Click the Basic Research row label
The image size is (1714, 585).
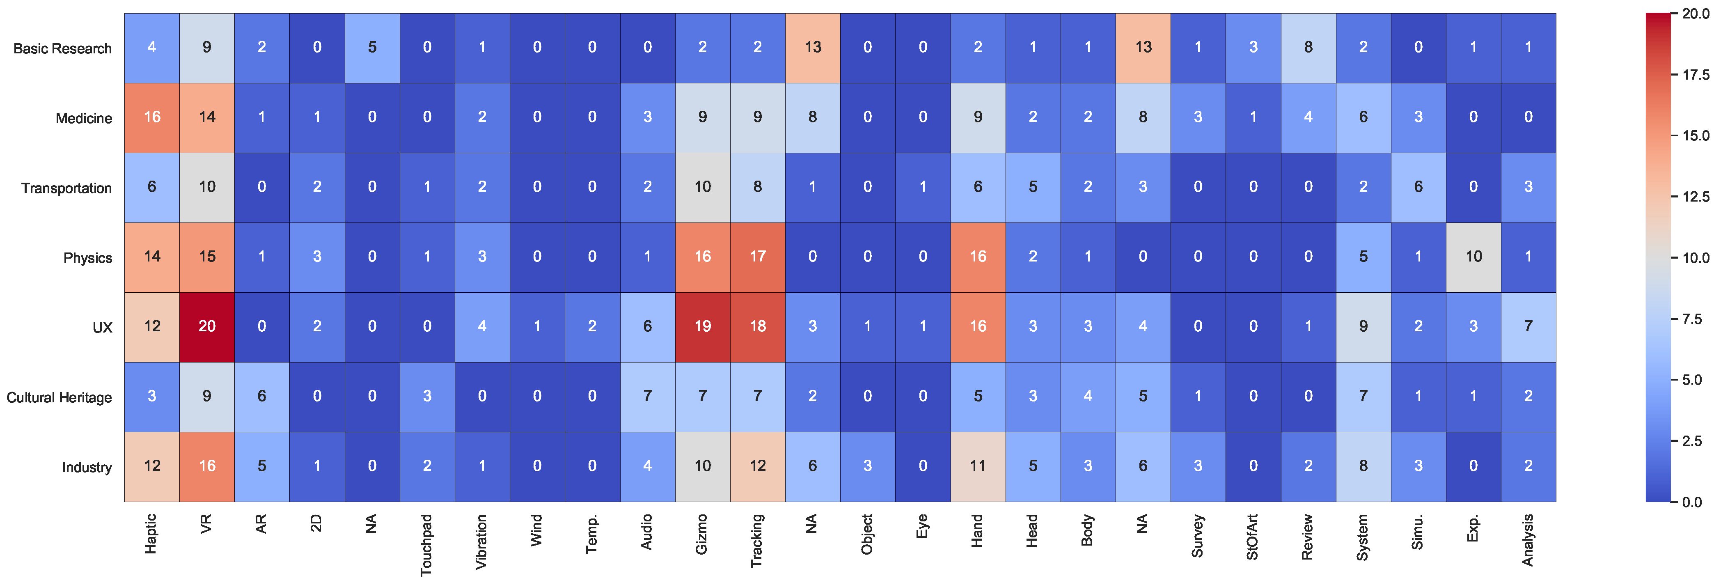(62, 48)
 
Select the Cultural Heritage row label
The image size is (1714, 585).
(59, 398)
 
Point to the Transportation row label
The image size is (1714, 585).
(66, 188)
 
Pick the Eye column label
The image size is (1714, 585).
(922, 526)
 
